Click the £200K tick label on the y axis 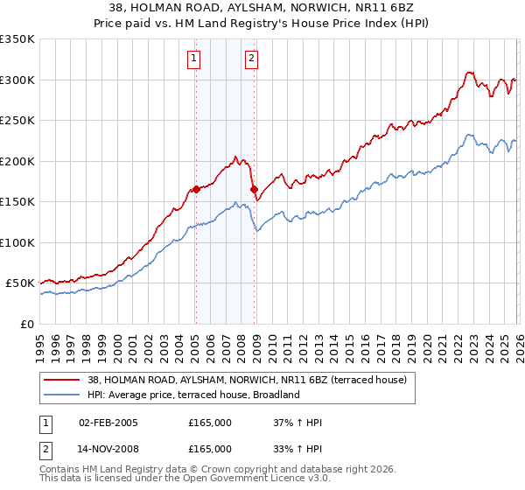pyautogui.click(x=17, y=161)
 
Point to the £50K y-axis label pyautogui.click(x=20, y=283)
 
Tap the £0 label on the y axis pyautogui.click(x=26, y=324)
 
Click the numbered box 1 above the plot pyautogui.click(x=193, y=59)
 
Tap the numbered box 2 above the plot pyautogui.click(x=251, y=59)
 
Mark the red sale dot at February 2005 pyautogui.click(x=196, y=189)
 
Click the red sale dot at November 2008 pyautogui.click(x=254, y=189)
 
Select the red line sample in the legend pyautogui.click(x=62, y=381)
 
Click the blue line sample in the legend pyautogui.click(x=62, y=395)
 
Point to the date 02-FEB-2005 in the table pyautogui.click(x=108, y=423)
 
